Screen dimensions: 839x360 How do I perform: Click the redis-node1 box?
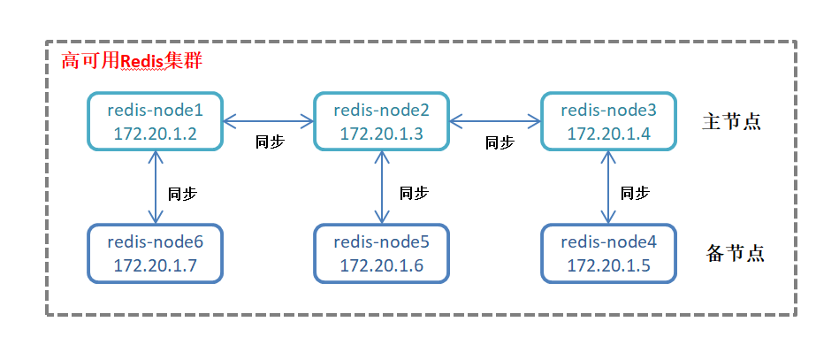click(156, 120)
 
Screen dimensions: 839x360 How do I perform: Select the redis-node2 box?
click(382, 120)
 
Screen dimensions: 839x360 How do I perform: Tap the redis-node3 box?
click(608, 120)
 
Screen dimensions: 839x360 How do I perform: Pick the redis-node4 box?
click(608, 253)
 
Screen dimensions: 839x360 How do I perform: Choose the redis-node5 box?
click(382, 253)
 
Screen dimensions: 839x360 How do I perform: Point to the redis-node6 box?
click(156, 253)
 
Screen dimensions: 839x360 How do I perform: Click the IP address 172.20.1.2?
click(156, 133)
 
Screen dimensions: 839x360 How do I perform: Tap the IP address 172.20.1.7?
click(156, 264)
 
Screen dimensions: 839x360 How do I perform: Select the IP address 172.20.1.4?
click(609, 133)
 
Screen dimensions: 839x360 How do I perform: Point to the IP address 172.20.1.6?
click(382, 264)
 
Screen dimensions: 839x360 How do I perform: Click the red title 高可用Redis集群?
click(132, 61)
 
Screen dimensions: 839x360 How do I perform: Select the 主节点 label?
click(731, 122)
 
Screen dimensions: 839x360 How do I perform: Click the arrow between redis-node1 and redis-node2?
click(268, 121)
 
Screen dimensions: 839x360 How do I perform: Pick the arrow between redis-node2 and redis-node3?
click(495, 121)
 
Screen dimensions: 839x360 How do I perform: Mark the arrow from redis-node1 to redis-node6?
click(156, 187)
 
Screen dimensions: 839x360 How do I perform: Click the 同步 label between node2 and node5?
click(414, 193)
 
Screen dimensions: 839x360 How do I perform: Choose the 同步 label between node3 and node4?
click(635, 193)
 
